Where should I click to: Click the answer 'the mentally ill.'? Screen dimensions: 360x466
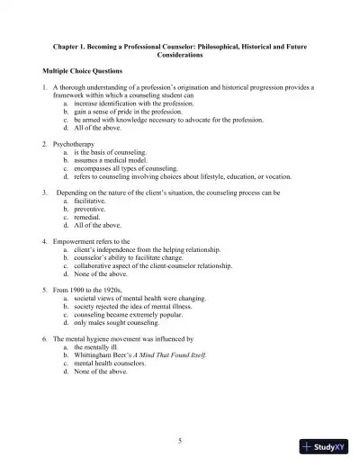(103, 346)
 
